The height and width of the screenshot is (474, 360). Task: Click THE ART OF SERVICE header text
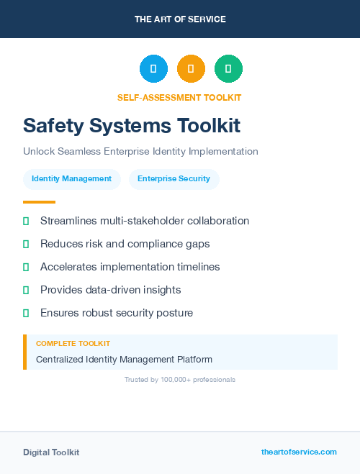180,19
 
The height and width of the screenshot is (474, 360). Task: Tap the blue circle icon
153,69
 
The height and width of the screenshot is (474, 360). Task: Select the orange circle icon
191,69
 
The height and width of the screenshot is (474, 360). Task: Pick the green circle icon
228,69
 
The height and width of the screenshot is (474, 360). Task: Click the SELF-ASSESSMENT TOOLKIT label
179,97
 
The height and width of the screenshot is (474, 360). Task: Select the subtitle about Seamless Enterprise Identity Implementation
140,152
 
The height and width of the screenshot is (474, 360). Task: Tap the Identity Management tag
71,179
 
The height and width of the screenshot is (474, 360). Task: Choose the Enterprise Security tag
174,179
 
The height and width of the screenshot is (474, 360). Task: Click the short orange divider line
39,202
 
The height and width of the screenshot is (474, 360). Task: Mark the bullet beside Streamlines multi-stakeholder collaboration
26,221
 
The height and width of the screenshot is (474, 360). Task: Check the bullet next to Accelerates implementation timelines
26,267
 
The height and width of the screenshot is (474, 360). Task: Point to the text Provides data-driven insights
110,290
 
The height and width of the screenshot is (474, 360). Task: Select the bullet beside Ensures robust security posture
26,313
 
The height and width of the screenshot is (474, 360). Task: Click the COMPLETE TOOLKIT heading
73,344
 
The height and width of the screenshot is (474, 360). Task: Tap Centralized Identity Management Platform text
124,359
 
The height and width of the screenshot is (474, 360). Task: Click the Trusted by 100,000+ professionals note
180,379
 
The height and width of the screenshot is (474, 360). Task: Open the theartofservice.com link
299,452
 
